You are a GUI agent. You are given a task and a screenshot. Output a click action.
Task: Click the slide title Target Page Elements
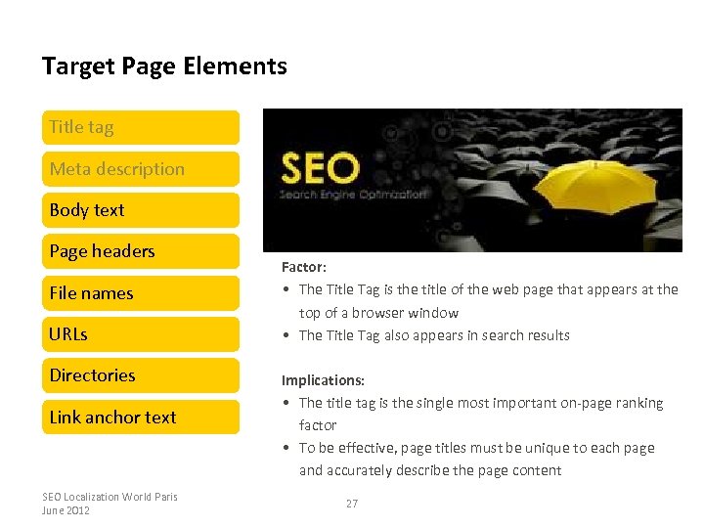pos(164,66)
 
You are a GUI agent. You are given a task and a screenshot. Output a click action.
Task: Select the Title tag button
pos(141,127)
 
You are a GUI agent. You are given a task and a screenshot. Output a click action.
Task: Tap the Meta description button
pos(141,168)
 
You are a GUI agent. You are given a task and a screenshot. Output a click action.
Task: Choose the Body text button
pos(141,209)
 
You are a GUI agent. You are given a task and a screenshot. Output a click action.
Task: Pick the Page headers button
pos(141,251)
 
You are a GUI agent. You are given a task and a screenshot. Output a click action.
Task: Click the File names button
pos(141,293)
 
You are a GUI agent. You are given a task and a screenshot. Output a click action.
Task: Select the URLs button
pos(141,334)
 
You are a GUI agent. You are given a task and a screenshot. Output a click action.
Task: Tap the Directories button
pos(141,375)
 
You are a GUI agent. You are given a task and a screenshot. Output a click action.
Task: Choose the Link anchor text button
pos(141,418)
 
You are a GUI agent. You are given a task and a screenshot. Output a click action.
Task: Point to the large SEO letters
pos(320,168)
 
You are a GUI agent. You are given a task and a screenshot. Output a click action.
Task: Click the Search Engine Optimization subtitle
pos(353,194)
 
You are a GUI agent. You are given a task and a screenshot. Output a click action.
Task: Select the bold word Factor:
pos(304,266)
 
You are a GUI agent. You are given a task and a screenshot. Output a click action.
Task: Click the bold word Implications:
pos(323,380)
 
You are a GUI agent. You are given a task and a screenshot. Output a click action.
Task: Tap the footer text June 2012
pos(66,510)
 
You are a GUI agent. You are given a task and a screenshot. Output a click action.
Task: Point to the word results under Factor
pos(549,335)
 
